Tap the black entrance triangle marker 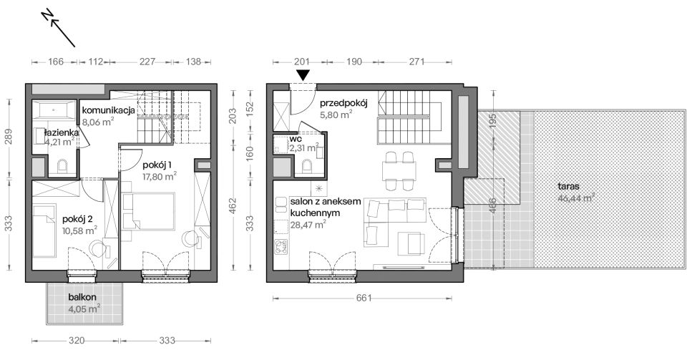303,75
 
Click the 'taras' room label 569,186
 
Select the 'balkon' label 82,297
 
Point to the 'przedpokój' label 343,103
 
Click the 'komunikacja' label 108,110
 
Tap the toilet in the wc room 307,166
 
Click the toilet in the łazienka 63,167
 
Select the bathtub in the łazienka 55,110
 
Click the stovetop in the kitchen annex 281,246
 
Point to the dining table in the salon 399,171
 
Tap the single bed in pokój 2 44,230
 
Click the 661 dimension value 364,298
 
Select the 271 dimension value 416,62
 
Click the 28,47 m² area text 308,224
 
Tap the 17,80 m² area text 160,176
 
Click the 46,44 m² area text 576,198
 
